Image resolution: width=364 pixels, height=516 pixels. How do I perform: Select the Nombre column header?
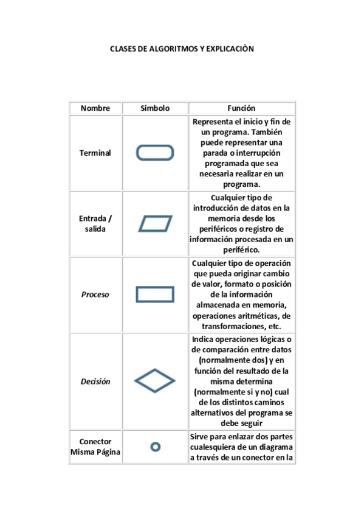(95, 108)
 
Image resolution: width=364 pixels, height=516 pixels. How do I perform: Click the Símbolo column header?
(155, 108)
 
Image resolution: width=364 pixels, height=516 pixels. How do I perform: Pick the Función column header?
(242, 108)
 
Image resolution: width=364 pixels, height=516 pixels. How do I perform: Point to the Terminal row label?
(95, 153)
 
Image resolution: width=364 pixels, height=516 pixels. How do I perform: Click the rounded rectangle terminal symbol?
(155, 153)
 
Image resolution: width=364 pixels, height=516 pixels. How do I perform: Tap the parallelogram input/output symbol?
(155, 224)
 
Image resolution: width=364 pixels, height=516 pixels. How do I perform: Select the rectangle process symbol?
(155, 295)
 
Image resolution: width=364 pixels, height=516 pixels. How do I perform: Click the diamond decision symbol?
(155, 382)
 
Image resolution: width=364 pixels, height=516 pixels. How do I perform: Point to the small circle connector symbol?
(155, 447)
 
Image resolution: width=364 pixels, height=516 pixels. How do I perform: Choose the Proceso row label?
(95, 295)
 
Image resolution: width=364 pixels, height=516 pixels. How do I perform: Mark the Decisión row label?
(95, 382)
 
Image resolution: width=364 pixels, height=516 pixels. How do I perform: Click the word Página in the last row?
(108, 452)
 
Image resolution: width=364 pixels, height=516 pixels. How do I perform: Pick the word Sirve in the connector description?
(201, 436)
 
